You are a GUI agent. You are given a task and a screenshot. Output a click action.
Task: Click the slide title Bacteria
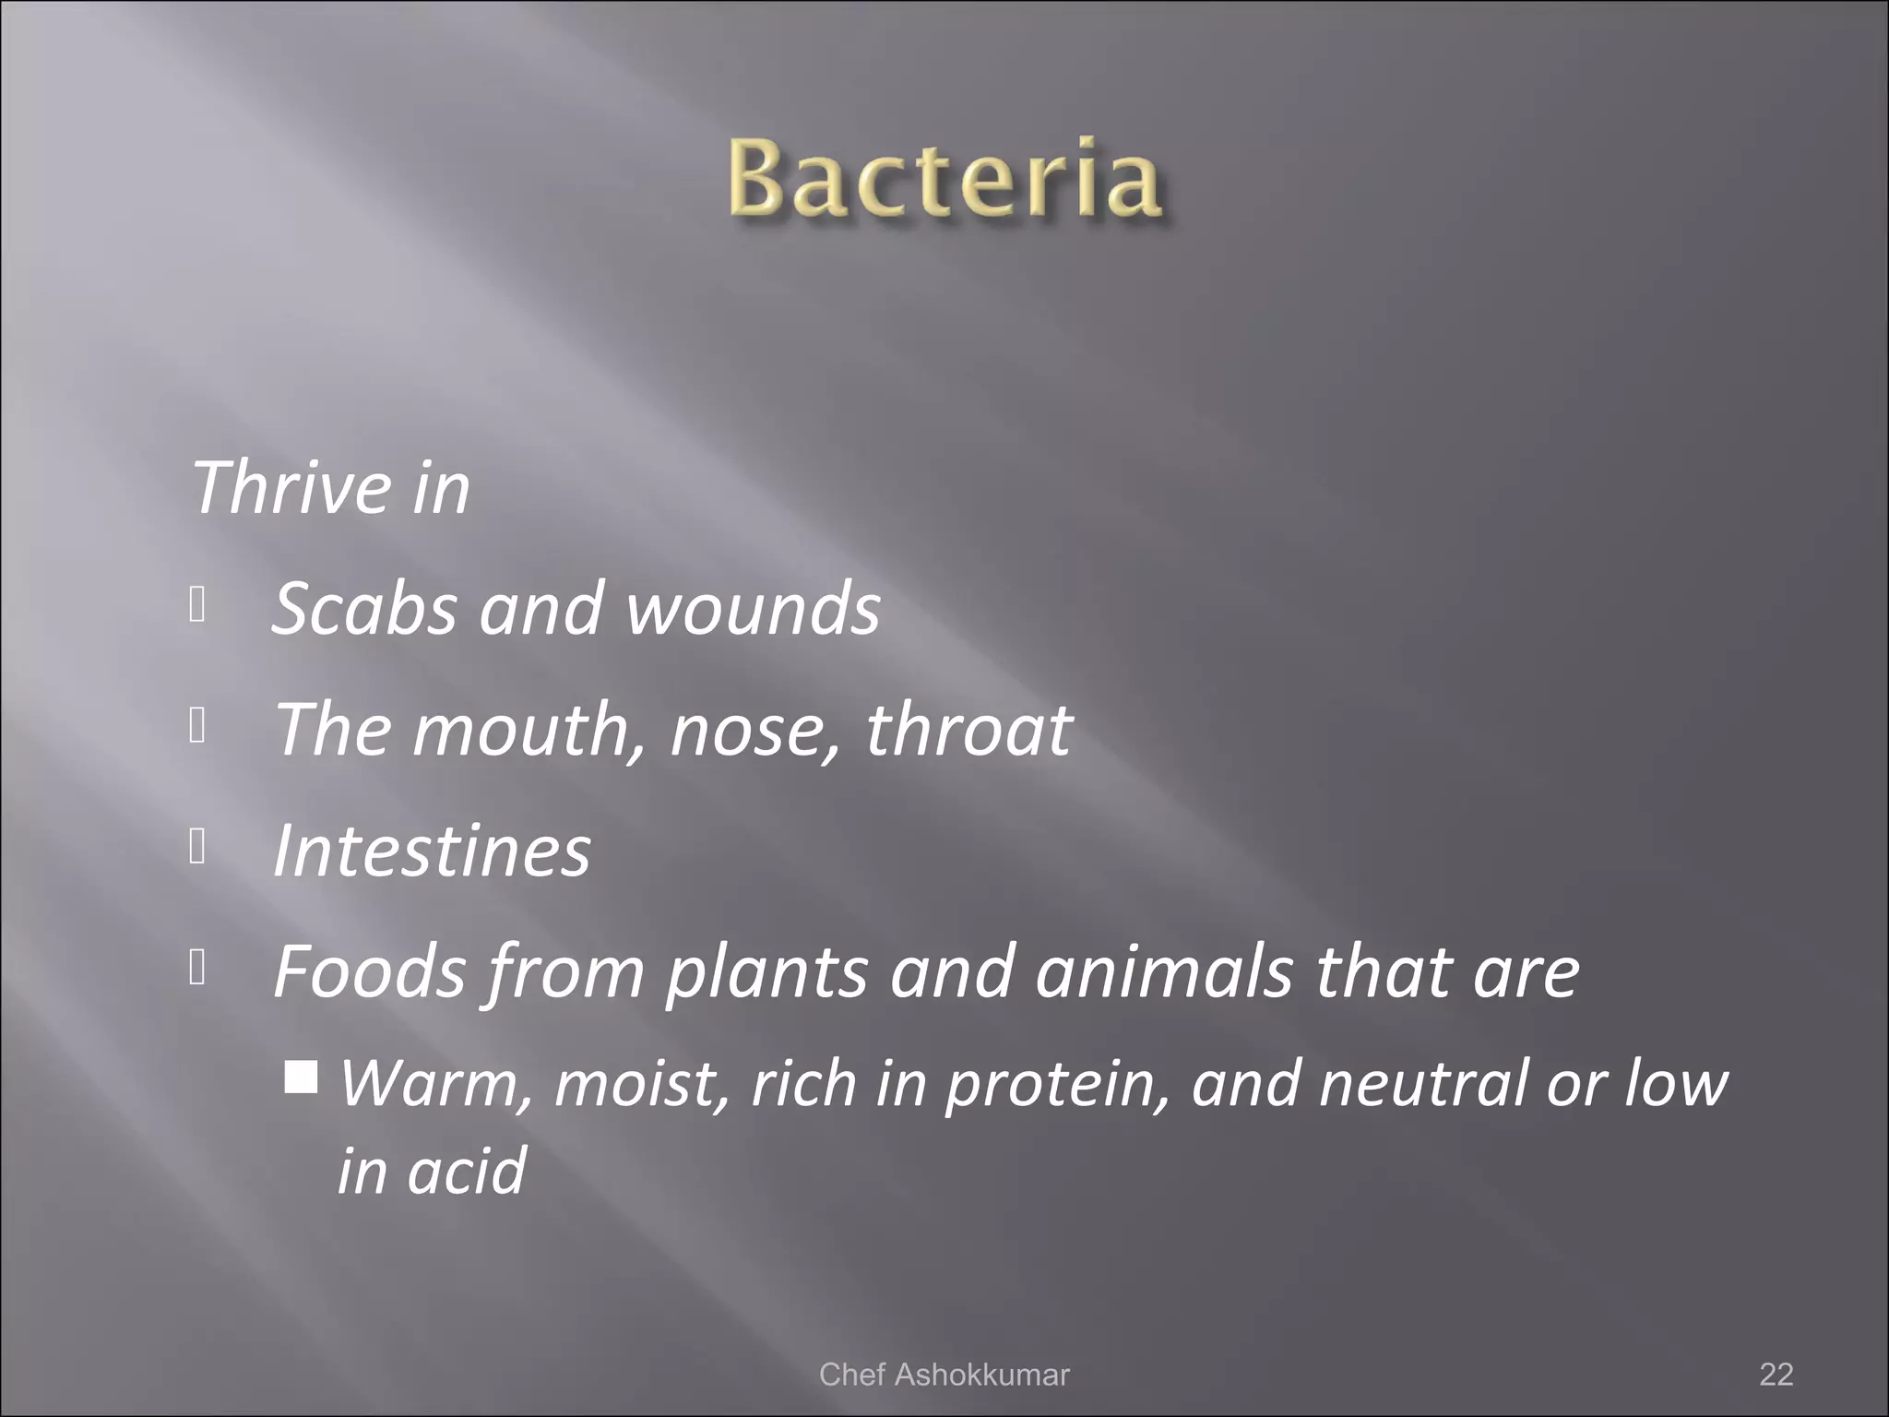point(944,178)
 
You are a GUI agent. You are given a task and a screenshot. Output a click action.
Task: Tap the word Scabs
point(364,609)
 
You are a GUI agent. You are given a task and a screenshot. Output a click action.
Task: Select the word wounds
point(753,609)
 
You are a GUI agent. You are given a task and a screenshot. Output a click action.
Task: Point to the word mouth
point(519,729)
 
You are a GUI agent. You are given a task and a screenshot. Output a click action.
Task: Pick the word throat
point(968,729)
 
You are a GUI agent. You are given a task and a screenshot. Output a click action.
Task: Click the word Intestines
point(432,850)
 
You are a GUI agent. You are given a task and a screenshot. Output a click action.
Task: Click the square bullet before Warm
point(301,1076)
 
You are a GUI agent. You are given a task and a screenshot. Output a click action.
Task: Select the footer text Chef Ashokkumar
point(944,1374)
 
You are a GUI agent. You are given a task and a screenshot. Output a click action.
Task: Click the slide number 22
point(1776,1374)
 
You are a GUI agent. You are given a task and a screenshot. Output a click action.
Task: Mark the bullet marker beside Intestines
point(196,845)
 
